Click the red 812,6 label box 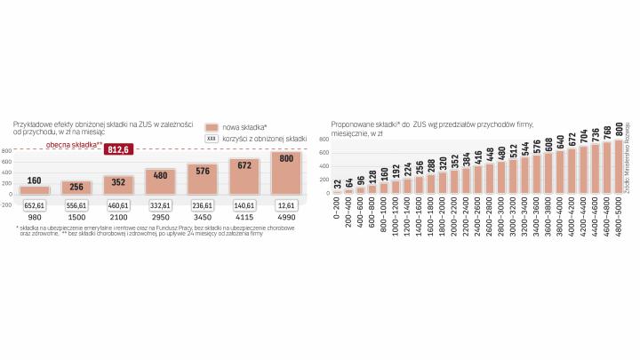click(x=117, y=149)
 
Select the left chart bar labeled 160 click(x=35, y=189)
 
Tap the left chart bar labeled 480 click(x=161, y=181)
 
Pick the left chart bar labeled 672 click(x=244, y=176)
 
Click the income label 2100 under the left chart click(x=119, y=218)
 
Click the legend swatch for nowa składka click(x=212, y=127)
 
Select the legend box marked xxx click(x=212, y=139)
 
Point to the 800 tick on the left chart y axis click(x=7, y=151)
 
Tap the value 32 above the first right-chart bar click(x=337, y=184)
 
